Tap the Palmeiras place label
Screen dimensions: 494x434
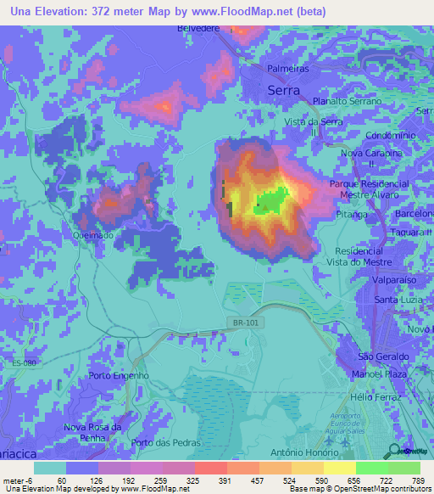click(x=287, y=68)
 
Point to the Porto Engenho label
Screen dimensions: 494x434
click(x=119, y=375)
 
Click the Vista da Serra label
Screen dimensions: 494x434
click(x=314, y=122)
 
